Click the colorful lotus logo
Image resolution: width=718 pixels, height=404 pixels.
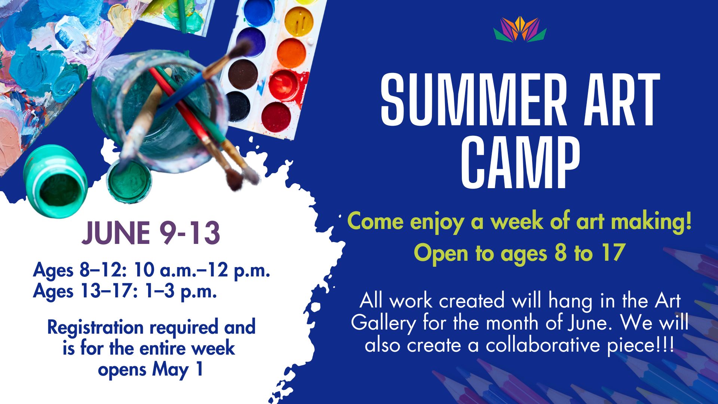[x=520, y=29]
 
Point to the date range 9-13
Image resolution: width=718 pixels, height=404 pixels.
[x=189, y=233]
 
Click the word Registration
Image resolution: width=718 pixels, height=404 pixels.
[x=95, y=328]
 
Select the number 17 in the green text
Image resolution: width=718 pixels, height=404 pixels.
[x=613, y=253]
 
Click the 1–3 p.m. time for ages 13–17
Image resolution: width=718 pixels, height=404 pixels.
[x=181, y=291]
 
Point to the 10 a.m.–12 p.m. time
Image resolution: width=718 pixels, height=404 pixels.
[x=202, y=270]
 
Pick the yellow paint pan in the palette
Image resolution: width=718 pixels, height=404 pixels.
[x=299, y=21]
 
